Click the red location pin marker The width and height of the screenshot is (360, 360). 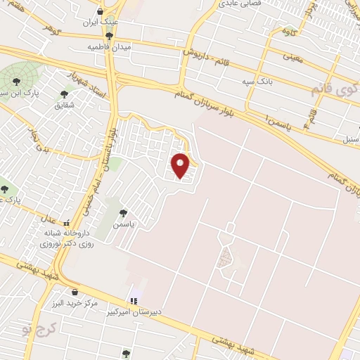[x=181, y=165]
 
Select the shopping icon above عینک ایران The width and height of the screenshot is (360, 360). [x=100, y=11]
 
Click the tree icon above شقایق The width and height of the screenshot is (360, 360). [x=64, y=94]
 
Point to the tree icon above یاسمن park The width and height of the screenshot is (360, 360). [x=124, y=212]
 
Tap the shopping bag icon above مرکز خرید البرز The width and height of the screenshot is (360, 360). [x=75, y=292]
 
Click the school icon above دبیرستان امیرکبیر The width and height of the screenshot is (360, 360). [x=134, y=301]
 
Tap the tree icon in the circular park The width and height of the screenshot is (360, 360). [x=16, y=81]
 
